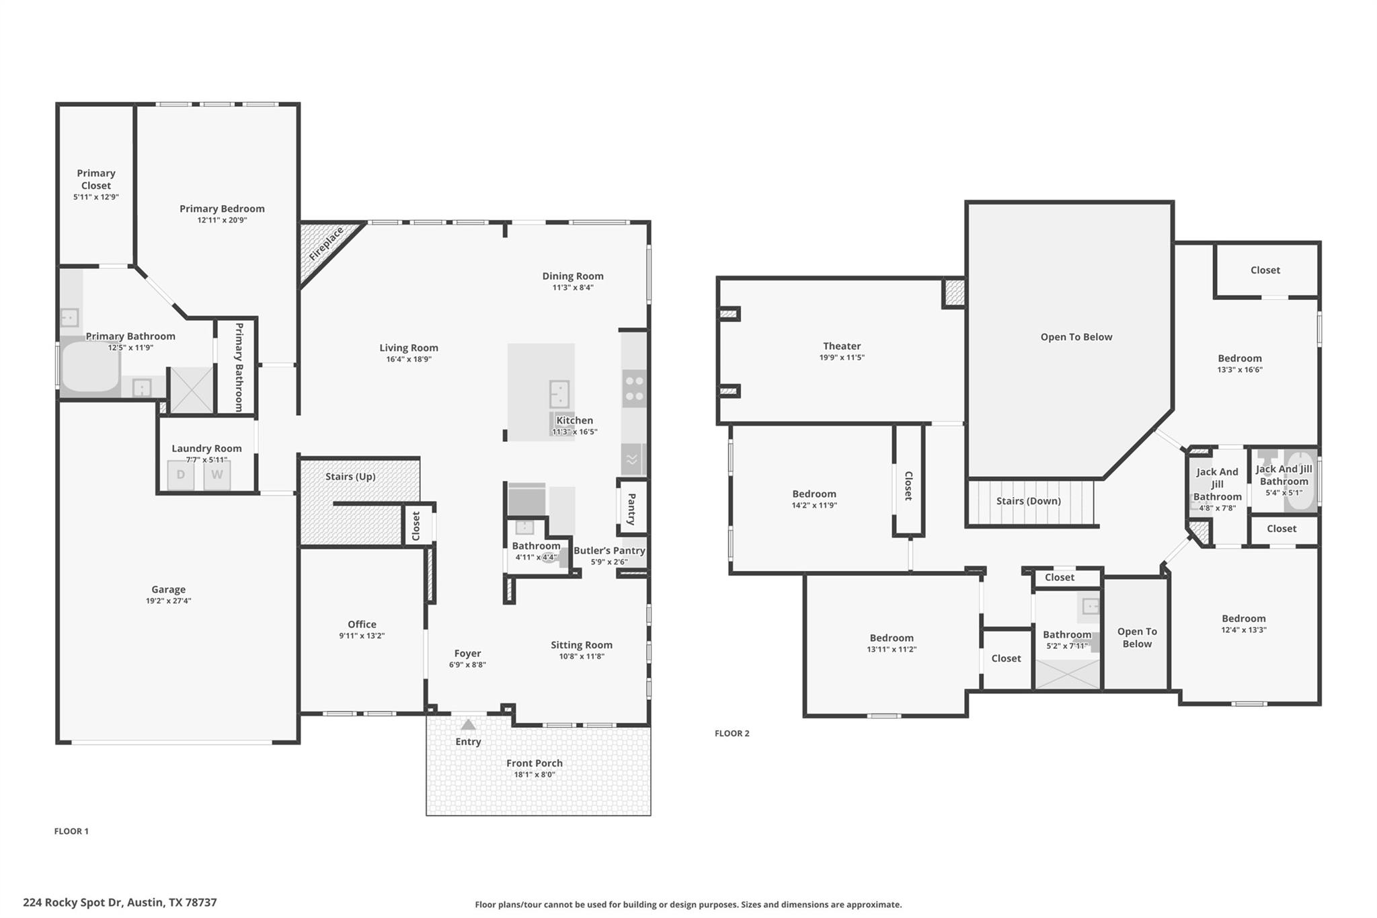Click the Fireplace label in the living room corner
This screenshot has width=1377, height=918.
326,244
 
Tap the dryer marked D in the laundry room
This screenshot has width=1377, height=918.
180,475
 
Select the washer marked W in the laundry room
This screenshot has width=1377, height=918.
217,475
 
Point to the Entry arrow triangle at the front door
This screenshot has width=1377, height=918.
468,724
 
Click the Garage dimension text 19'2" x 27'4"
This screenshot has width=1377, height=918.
168,601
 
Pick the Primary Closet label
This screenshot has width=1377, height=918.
96,180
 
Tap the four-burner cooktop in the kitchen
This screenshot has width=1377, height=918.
634,388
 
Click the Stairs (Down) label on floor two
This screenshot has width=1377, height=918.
1028,501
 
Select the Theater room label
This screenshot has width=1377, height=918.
842,346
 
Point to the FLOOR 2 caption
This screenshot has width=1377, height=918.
732,733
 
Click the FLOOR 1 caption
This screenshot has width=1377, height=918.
71,831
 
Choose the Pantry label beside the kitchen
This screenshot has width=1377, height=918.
632,509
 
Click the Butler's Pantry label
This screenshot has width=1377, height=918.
609,550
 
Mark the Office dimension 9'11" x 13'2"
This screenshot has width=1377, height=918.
362,636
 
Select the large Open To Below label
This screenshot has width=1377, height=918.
1076,337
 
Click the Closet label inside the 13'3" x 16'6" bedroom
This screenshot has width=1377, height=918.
1265,270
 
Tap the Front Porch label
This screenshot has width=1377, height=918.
535,763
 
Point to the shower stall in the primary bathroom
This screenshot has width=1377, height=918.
191,389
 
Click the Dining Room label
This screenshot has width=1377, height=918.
573,276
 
